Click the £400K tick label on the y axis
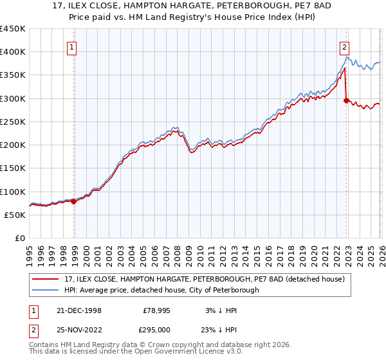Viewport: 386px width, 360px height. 13,52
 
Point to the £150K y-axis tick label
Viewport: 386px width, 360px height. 13,168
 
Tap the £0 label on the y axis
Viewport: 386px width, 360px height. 20,239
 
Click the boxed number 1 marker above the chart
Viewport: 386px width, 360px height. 71,47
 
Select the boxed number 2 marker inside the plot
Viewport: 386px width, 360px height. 345,47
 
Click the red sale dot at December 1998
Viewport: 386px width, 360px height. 74,201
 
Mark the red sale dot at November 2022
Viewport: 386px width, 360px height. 347,100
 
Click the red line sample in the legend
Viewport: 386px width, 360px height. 46,279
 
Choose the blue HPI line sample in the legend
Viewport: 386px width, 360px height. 46,290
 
